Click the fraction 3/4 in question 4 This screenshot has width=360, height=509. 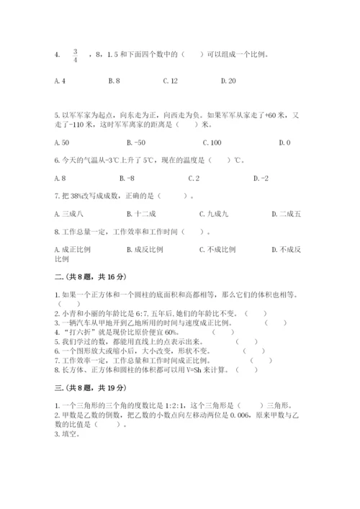tap(75, 55)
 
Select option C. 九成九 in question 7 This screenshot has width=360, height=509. tap(214, 213)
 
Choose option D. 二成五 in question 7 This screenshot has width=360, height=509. tap(286, 213)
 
